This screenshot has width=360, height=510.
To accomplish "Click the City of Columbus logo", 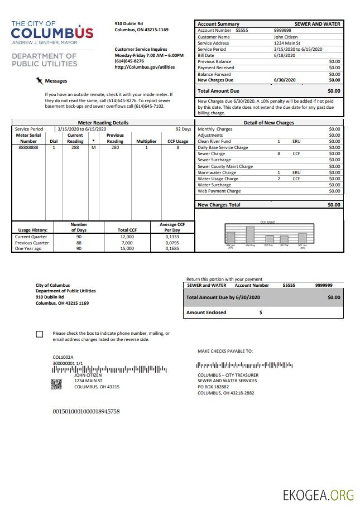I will [x=52, y=33].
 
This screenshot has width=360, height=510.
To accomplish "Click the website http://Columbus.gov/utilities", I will [x=144, y=67].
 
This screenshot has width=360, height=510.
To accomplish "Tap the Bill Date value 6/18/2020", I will [x=284, y=55].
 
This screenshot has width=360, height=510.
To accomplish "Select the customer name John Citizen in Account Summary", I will [x=286, y=37].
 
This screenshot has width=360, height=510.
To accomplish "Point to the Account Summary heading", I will [x=218, y=24].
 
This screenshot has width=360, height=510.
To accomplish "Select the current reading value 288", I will [x=75, y=148].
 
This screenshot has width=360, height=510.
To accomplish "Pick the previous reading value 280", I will [x=115, y=148].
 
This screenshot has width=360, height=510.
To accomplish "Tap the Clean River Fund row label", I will [x=214, y=142].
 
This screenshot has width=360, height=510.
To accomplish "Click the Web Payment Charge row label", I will [x=219, y=191].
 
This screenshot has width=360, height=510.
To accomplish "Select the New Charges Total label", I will [x=219, y=205].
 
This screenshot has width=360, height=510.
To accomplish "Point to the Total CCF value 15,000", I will [x=127, y=248].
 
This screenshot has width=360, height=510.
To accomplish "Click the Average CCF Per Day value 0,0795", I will [x=172, y=243].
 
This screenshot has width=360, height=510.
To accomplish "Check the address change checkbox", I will [x=39, y=334].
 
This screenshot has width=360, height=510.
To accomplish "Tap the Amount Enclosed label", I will [x=206, y=312].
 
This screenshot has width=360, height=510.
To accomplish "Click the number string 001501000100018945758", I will [x=86, y=411].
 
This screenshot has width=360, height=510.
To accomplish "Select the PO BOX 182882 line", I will [x=213, y=387].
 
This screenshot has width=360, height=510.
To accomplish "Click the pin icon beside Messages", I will [x=39, y=80].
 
